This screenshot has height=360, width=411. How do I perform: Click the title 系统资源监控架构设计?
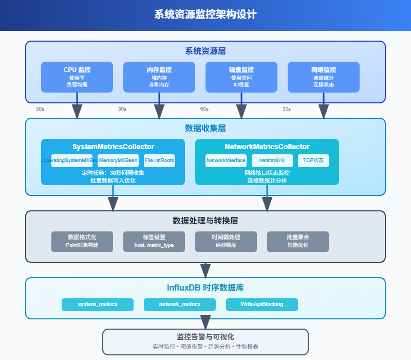206,14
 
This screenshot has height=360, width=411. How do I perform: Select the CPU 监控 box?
77,77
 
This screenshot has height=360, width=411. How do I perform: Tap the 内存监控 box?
159,77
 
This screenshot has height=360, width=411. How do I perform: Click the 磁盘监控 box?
241,77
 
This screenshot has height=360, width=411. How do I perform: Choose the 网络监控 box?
324,77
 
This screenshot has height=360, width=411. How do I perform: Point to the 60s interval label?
204,109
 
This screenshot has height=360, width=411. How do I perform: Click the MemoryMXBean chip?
118,160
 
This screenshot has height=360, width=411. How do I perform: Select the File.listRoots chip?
159,160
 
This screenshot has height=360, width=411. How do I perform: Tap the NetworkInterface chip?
226,160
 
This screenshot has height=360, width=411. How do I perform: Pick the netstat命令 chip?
272,160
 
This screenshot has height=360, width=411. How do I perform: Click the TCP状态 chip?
313,160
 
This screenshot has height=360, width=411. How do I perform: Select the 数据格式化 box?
82,242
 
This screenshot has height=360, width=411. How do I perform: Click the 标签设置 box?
154,242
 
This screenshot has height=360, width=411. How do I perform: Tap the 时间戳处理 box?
226,242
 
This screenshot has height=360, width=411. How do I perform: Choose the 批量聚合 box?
298,242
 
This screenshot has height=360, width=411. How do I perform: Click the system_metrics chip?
98,304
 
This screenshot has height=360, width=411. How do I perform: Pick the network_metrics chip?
180,304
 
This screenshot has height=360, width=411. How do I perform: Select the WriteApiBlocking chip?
262,304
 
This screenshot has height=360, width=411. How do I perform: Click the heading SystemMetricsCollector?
113,147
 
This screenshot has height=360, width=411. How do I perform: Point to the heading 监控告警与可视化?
206,337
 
